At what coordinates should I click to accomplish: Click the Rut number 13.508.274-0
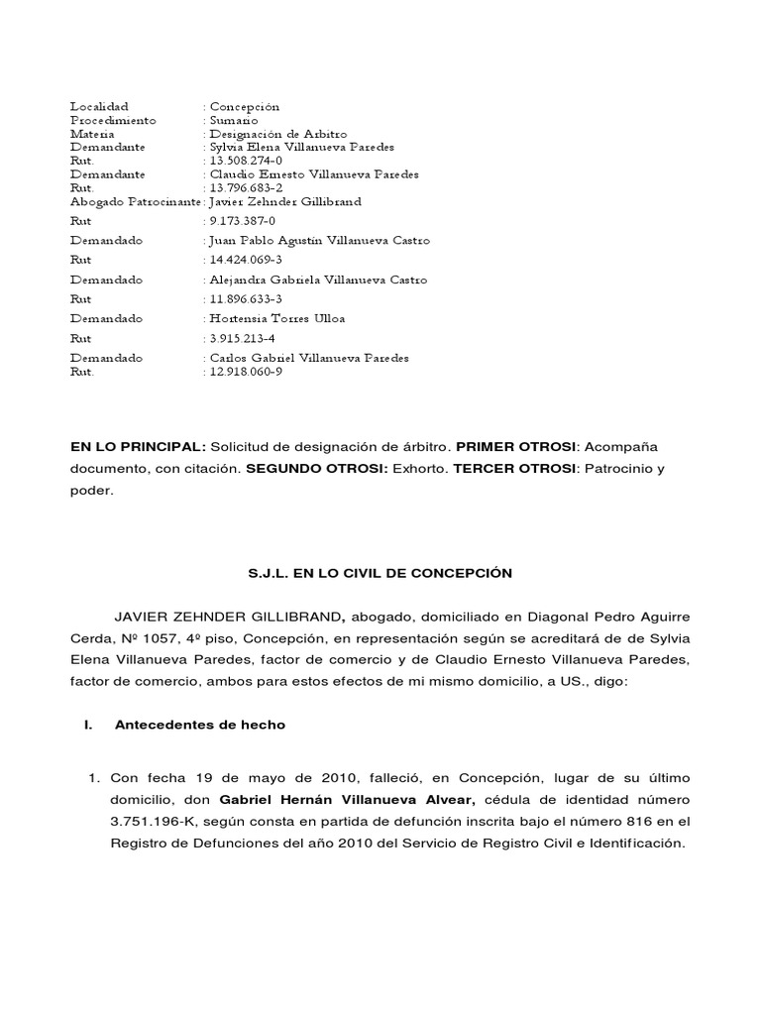[246, 161]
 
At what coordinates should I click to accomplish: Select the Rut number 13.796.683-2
[246, 187]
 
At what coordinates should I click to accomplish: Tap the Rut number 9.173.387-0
[242, 222]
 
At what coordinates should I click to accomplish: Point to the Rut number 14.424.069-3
[246, 260]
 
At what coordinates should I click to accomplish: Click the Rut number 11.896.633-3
[246, 298]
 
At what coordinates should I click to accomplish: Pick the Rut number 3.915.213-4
[242, 338]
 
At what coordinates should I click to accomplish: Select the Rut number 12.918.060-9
[246, 372]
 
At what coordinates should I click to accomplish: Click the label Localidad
[99, 106]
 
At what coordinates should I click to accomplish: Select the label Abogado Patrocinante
[133, 201]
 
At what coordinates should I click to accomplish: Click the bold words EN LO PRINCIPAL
[138, 447]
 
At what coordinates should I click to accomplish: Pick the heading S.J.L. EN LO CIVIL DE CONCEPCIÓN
[380, 573]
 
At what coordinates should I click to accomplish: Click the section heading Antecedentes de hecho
[199, 725]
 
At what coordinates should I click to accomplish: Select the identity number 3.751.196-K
[152, 821]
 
